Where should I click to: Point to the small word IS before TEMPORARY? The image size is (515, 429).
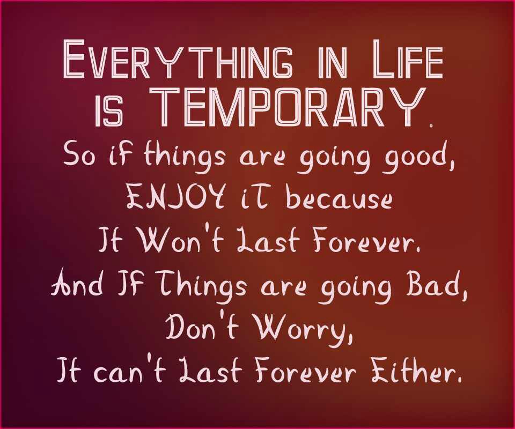tap(109, 113)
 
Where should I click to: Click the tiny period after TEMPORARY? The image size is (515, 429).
tap(431, 125)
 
